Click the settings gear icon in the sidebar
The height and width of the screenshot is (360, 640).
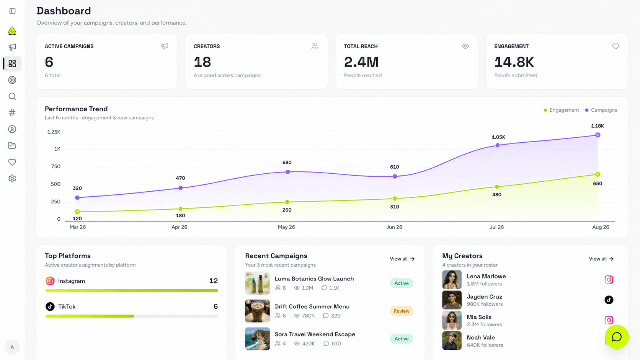[12, 178]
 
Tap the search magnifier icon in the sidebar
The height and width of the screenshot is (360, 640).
[12, 96]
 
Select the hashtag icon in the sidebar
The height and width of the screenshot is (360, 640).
[12, 113]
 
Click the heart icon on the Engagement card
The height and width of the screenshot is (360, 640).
[616, 46]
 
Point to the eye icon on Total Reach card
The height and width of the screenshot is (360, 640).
[465, 46]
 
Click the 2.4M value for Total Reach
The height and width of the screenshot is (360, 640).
[361, 62]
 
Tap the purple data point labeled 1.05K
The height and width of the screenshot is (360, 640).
[498, 145]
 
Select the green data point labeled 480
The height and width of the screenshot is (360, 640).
[497, 187]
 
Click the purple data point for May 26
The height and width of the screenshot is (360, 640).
[288, 172]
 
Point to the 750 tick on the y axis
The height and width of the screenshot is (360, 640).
[56, 166]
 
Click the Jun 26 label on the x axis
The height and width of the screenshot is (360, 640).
[394, 227]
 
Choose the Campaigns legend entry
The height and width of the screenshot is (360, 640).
[601, 110]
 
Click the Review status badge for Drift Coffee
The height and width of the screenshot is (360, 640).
[402, 311]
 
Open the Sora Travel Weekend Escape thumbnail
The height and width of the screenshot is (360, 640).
[258, 339]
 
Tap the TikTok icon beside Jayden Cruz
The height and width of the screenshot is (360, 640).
[609, 300]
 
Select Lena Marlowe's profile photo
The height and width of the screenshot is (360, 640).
[452, 280]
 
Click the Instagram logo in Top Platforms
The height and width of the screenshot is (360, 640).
[50, 281]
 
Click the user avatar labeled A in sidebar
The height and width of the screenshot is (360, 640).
[12, 347]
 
